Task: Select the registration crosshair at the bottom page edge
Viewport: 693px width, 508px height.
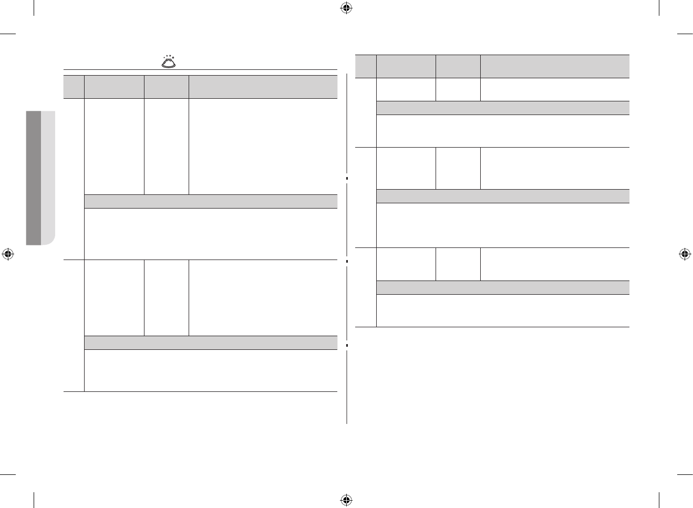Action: click(346, 500)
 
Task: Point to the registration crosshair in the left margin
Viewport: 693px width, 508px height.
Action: click(7, 254)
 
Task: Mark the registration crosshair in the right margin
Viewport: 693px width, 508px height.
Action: click(685, 254)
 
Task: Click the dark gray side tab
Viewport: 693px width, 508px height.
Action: click(34, 178)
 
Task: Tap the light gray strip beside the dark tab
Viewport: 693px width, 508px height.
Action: click(48, 178)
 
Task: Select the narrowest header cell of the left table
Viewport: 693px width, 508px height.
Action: click(74, 87)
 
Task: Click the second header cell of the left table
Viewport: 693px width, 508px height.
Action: click(114, 87)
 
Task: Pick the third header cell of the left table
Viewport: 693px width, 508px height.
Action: click(167, 87)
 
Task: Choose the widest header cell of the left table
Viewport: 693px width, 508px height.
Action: click(263, 87)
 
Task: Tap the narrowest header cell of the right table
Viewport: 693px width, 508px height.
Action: click(366, 66)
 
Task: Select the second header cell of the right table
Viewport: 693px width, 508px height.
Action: click(406, 66)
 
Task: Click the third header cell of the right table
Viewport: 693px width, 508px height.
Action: click(458, 66)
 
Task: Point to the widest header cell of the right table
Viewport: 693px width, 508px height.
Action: click(555, 66)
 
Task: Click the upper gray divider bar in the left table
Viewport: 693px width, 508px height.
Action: click(211, 202)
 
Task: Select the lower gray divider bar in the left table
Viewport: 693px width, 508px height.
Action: click(211, 343)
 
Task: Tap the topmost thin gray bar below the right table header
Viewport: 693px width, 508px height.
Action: click(503, 108)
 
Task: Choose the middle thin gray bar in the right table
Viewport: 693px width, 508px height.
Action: click(503, 196)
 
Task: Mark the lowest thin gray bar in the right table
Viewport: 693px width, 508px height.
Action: click(503, 287)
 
